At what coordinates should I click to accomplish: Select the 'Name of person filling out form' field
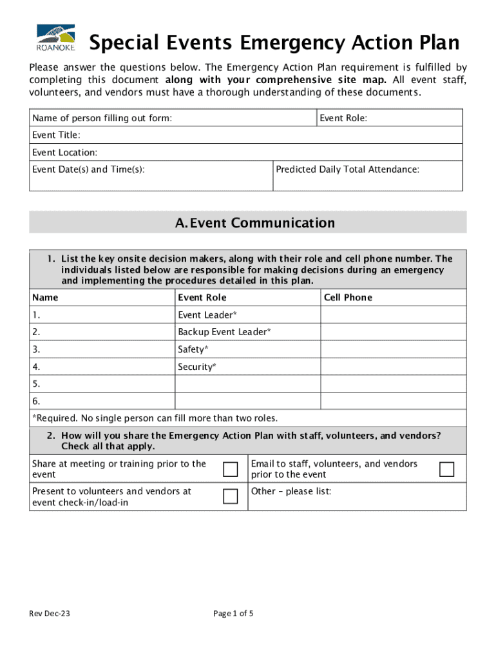[x=173, y=118]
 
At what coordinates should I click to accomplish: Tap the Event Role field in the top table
[x=390, y=118]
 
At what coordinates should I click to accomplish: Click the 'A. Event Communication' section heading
[x=248, y=223]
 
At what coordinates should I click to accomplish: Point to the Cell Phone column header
[x=348, y=297]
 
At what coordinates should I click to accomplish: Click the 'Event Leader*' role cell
[x=247, y=315]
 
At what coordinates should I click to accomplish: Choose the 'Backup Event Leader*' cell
[x=247, y=332]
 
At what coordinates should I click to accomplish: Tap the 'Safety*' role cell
[x=247, y=349]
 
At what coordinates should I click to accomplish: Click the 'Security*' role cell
[x=247, y=367]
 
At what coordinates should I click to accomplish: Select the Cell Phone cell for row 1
[x=393, y=315]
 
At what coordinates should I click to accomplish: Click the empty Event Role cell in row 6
[x=247, y=401]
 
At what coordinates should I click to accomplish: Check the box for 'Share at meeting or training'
[x=230, y=469]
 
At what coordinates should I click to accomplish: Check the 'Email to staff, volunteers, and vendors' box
[x=446, y=469]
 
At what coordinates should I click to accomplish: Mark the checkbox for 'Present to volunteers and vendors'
[x=230, y=496]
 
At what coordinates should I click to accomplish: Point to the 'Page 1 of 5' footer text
[x=233, y=614]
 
